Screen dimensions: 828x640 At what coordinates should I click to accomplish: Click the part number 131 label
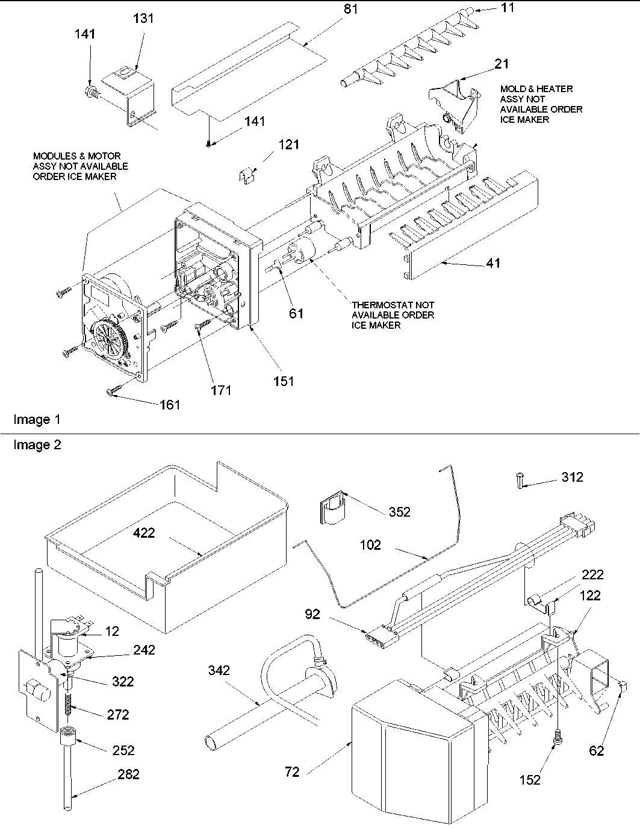pyautogui.click(x=143, y=19)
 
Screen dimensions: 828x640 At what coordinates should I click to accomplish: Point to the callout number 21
pyautogui.click(x=502, y=64)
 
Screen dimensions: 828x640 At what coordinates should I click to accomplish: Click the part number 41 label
pyautogui.click(x=494, y=263)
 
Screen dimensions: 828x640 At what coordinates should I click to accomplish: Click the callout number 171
pyautogui.click(x=221, y=390)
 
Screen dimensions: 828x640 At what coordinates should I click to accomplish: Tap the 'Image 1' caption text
pyautogui.click(x=37, y=420)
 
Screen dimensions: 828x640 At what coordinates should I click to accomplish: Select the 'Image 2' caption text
pyautogui.click(x=37, y=445)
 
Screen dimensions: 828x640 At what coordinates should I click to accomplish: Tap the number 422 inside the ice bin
pyautogui.click(x=144, y=532)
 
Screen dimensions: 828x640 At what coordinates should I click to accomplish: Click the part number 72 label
pyautogui.click(x=293, y=771)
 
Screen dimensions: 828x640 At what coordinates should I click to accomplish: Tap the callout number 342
pyautogui.click(x=219, y=670)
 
